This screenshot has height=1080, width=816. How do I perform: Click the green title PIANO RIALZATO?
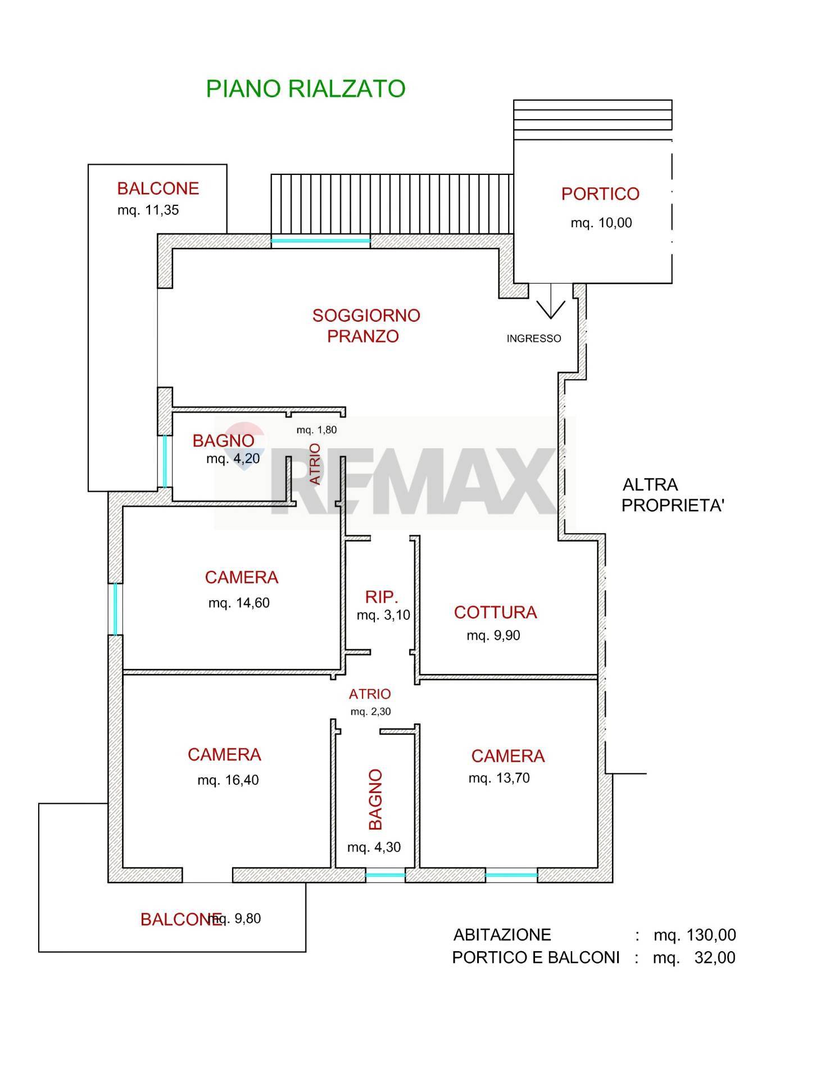(x=306, y=89)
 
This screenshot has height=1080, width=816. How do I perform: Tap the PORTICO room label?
(x=600, y=194)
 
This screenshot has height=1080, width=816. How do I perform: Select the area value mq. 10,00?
(x=601, y=223)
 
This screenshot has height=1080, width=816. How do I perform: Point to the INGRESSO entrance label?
(x=534, y=339)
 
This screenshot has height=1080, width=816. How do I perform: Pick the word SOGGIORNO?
(x=366, y=316)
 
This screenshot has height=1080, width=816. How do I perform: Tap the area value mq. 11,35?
(x=148, y=210)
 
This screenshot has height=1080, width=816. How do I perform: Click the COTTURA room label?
(x=496, y=613)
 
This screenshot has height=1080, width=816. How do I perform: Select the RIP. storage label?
(x=382, y=597)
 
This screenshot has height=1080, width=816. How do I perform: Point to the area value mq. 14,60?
(x=239, y=604)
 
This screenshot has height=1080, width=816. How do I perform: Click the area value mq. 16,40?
(x=228, y=781)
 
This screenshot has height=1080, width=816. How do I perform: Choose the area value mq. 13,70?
(x=499, y=778)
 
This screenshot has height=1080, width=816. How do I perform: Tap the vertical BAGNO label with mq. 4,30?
(x=375, y=799)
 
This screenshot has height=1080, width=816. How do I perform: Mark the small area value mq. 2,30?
(x=371, y=712)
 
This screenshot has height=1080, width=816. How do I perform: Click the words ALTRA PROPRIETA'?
(x=673, y=495)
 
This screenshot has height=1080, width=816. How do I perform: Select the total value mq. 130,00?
(x=695, y=935)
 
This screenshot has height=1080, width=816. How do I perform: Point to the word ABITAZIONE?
(x=502, y=935)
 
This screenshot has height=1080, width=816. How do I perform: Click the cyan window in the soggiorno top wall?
(x=321, y=241)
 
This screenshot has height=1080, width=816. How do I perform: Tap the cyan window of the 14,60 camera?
(x=116, y=610)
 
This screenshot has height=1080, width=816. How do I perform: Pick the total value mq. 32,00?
(x=694, y=957)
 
